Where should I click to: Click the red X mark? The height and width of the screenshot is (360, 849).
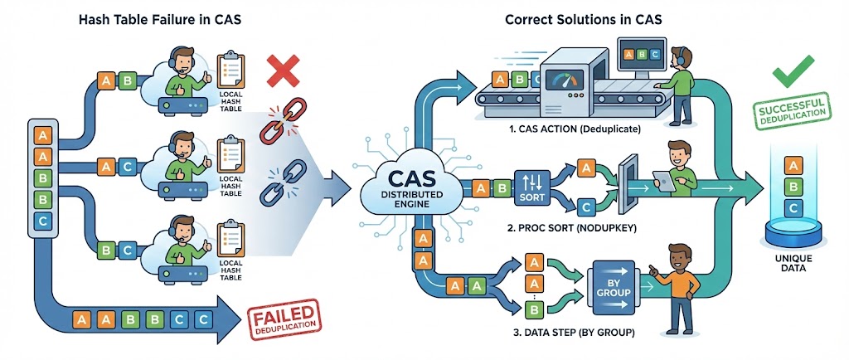coord(282,71)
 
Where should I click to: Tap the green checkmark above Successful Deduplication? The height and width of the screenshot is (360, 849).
coord(793,76)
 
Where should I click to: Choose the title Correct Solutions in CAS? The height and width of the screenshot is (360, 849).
coord(578,19)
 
